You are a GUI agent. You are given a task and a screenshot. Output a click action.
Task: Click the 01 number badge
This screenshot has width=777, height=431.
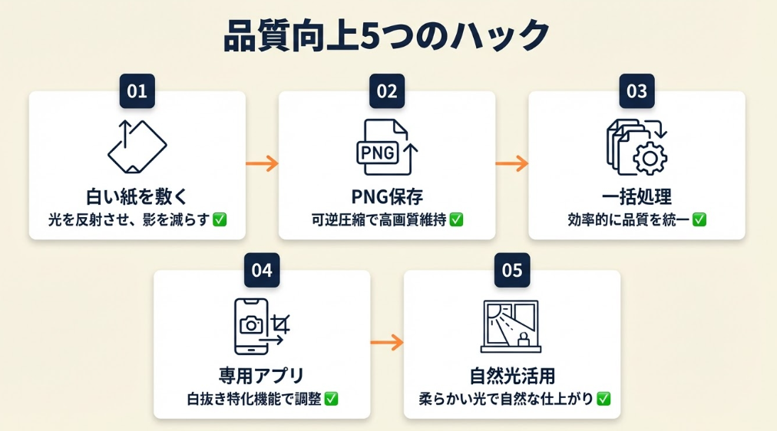[137, 91]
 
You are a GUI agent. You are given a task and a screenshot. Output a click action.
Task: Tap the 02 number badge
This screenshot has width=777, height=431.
[387, 91]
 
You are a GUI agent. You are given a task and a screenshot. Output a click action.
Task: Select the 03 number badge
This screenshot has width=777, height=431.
[636, 91]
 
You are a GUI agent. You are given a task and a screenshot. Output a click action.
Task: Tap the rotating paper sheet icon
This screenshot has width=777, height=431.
[137, 146]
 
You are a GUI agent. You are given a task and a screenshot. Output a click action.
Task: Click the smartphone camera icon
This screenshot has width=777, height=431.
[253, 326]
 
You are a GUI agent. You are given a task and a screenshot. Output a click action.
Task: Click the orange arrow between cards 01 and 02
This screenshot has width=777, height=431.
[262, 163]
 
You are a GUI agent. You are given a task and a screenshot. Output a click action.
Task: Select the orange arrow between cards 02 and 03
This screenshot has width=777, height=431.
[511, 163]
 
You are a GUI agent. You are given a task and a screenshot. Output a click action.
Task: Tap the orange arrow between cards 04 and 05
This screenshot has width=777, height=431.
[387, 342]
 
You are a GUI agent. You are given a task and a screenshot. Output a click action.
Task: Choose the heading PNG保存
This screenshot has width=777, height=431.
[387, 196]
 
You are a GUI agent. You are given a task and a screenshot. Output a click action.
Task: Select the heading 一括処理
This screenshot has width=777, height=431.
[636, 196]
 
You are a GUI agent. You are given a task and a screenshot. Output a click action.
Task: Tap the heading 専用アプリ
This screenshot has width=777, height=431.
[262, 376]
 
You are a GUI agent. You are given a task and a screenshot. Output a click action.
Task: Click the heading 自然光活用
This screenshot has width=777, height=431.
[512, 376]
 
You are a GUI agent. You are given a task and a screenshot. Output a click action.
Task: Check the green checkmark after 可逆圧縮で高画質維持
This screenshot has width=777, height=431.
[456, 219]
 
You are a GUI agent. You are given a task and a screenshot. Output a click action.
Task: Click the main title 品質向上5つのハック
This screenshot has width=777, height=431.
[387, 37]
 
